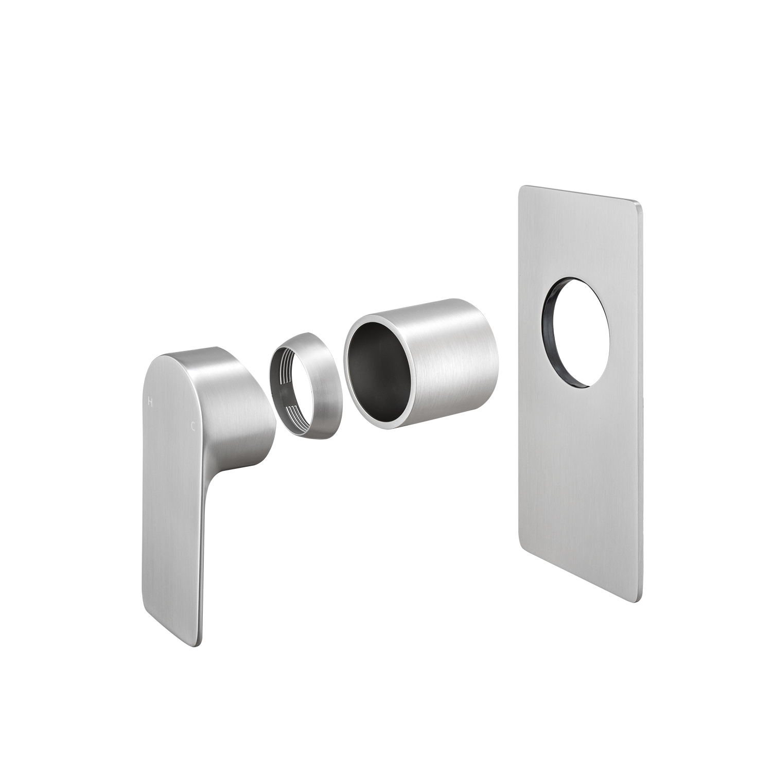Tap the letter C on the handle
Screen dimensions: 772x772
point(193,426)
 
